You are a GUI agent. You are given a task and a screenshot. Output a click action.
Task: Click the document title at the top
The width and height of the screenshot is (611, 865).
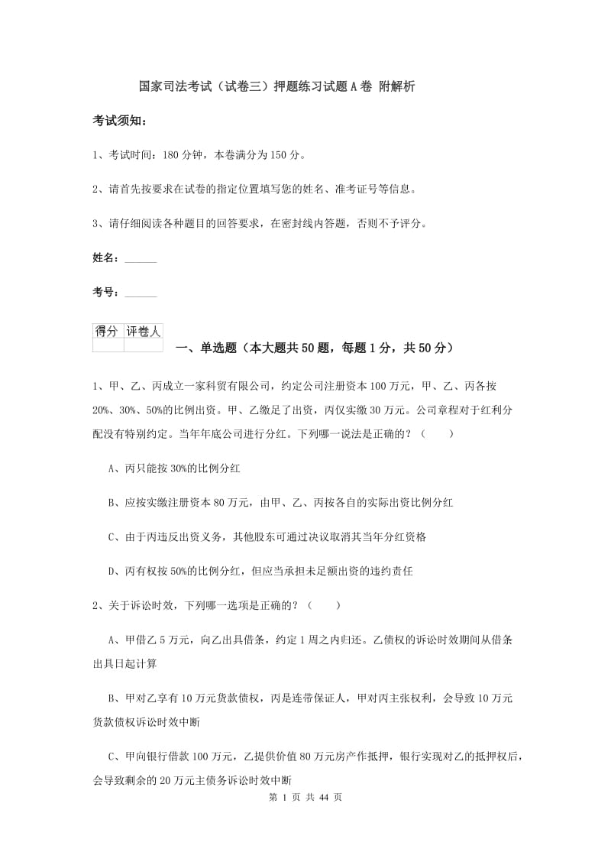pyautogui.click(x=277, y=86)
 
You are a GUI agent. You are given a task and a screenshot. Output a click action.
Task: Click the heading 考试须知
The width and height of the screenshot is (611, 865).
pyautogui.click(x=119, y=121)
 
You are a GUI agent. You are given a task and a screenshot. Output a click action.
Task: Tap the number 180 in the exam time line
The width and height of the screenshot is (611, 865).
pyautogui.click(x=173, y=155)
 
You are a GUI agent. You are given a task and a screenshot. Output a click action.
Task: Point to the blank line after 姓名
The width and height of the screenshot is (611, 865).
pyautogui.click(x=140, y=260)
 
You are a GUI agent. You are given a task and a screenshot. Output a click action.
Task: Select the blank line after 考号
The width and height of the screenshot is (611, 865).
pyautogui.click(x=140, y=293)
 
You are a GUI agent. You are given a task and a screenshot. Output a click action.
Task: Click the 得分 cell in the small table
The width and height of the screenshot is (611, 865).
pyautogui.click(x=107, y=332)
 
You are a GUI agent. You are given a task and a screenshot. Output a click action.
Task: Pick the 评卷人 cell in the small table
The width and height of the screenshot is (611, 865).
pyautogui.click(x=144, y=332)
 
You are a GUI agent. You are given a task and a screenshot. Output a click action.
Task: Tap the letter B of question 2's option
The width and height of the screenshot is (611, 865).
pyautogui.click(x=112, y=698)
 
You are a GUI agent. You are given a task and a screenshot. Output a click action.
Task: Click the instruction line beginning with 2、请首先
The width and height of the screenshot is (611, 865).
pyautogui.click(x=254, y=190)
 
